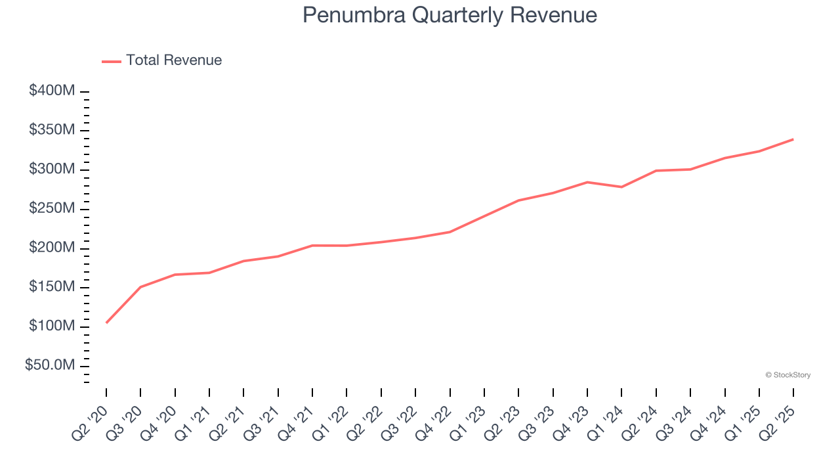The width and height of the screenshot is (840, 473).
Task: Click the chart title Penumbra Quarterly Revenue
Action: tap(450, 15)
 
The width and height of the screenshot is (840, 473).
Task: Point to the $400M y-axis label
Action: tap(52, 91)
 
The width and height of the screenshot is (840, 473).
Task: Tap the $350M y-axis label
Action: tap(52, 130)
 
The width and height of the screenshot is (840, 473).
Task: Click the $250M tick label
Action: tap(52, 208)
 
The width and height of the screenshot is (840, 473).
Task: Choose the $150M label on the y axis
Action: tap(52, 287)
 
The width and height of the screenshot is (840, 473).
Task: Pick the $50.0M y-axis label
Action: tap(50, 365)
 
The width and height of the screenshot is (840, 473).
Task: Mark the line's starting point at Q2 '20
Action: tap(106, 323)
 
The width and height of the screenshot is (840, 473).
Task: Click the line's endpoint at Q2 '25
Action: tap(793, 139)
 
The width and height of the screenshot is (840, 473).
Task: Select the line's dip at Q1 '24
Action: tap(621, 187)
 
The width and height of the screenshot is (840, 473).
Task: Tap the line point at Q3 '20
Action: tap(140, 287)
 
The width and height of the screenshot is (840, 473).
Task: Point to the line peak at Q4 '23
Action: tap(587, 182)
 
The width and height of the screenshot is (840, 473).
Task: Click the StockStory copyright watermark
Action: tap(787, 375)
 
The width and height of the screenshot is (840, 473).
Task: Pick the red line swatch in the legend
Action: tap(112, 61)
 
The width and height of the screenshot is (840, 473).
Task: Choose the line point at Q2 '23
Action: tap(518, 200)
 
